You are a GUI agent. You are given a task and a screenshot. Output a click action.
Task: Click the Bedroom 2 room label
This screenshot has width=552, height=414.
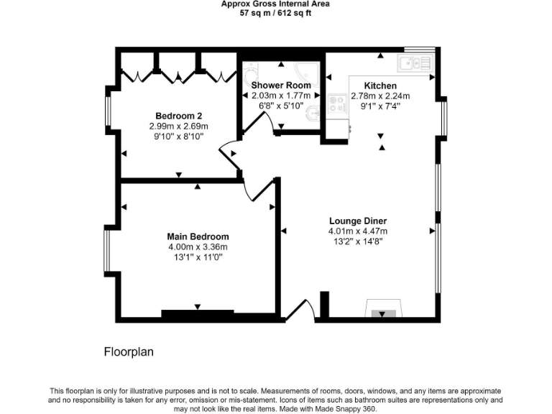pos(179,116)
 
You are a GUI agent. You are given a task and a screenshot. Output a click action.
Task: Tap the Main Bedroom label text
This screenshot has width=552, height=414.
pos(198,236)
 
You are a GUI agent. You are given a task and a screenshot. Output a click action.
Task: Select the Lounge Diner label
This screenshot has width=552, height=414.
pos(358,221)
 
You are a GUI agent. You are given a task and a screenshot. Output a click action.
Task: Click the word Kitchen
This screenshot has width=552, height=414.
pos(379,86)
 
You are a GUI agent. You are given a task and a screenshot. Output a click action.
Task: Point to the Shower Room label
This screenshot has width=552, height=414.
pos(280,86)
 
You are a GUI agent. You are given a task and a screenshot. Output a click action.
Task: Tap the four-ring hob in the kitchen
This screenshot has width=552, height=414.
pos(336,106)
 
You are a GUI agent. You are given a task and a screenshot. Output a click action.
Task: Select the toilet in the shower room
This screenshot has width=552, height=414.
pos(249,75)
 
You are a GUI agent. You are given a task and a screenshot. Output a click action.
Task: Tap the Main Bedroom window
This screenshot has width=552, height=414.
pos(108,250)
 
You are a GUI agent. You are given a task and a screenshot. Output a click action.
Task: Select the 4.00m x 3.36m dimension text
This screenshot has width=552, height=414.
pos(198,247)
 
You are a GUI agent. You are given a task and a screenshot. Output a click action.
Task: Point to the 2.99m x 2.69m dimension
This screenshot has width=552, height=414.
pos(179,125)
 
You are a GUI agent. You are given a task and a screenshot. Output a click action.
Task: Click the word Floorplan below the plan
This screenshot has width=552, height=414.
pos(129,352)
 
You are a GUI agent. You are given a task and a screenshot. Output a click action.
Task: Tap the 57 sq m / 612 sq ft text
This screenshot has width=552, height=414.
pos(276,13)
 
